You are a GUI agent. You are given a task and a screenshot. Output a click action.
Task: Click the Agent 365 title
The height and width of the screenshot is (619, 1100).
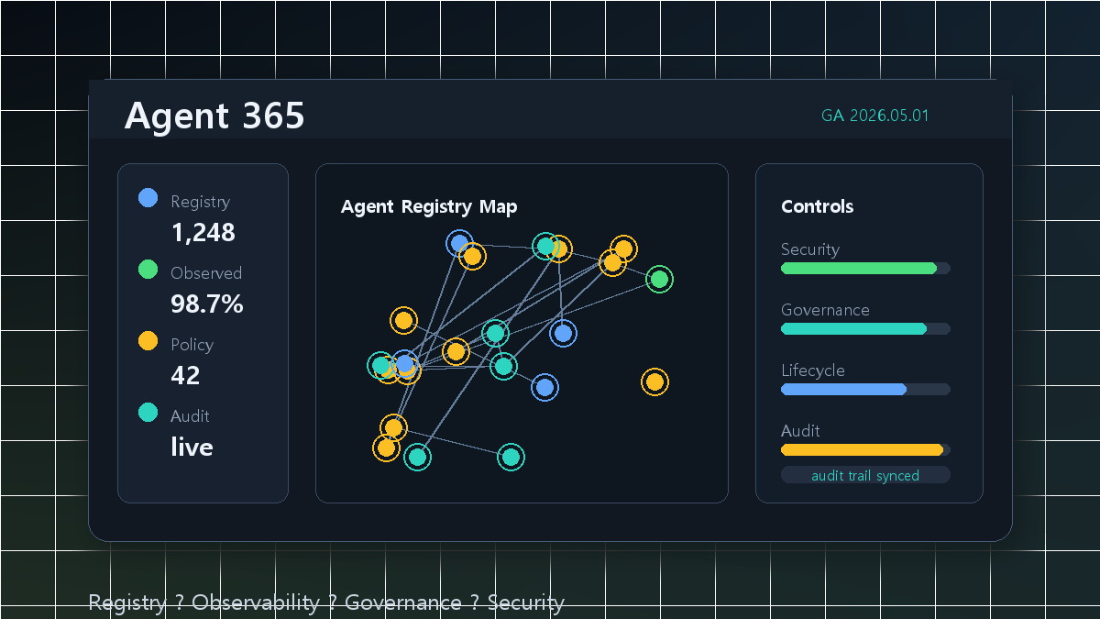coord(214,116)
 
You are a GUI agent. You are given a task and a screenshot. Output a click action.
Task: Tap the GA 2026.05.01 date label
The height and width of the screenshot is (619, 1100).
coord(874,116)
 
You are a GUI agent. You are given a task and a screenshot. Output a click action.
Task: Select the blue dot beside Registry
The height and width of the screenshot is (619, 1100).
coord(148,198)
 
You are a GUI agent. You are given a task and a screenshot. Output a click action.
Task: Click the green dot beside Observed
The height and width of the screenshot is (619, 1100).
coord(148,270)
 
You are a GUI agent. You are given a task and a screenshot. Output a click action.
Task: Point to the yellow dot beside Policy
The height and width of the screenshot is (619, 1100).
coord(148,341)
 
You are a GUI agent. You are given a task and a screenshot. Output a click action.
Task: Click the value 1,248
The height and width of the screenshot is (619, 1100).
coord(203,232)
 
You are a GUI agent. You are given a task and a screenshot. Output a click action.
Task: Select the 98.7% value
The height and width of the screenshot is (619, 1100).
coord(207,304)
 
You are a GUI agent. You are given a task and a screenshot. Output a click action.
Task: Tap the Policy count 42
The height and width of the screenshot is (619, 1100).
coord(185,376)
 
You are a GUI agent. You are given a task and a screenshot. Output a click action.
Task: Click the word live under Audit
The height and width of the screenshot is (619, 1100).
coord(192,448)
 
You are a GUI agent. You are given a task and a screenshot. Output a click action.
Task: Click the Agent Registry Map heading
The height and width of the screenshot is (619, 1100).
coord(429,207)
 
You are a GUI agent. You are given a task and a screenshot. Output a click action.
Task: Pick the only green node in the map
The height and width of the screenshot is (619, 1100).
coord(659,279)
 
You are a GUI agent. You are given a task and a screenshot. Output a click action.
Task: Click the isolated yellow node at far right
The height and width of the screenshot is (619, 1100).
coord(654,381)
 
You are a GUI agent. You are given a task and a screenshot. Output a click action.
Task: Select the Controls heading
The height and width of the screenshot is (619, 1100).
coord(817,207)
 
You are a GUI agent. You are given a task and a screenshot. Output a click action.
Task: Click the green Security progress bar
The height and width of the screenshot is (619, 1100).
coord(859,268)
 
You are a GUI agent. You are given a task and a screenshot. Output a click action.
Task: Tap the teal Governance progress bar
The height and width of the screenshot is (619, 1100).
coord(854,328)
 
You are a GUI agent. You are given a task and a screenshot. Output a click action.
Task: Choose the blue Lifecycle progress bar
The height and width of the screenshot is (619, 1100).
coord(843,389)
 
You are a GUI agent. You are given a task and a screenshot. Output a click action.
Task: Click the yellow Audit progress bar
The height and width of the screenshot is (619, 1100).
coord(863,449)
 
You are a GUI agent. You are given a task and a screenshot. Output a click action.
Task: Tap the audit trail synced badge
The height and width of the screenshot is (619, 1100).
coord(865,475)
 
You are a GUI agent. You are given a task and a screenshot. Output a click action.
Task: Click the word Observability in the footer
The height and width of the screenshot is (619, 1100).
coord(256,602)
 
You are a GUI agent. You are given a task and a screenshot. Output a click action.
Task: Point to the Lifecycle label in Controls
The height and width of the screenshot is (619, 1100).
coord(813,370)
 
